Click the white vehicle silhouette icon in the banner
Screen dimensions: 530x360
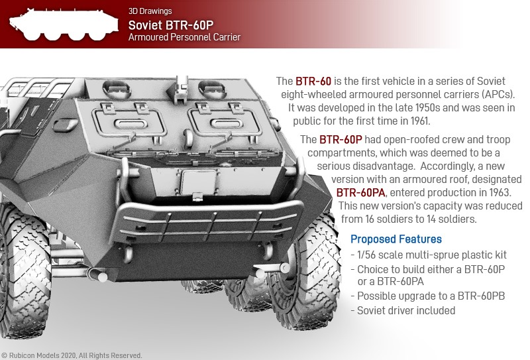(x=64, y=25)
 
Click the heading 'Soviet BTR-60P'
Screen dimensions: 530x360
(x=171, y=25)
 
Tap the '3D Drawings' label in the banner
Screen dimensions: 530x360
(x=150, y=11)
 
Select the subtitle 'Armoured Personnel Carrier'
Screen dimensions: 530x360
(x=185, y=37)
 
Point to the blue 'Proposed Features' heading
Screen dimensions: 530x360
(x=396, y=239)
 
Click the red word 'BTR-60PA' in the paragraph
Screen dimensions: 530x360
(x=360, y=192)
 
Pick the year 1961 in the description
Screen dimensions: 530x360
(x=420, y=121)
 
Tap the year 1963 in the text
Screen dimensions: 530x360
(x=500, y=192)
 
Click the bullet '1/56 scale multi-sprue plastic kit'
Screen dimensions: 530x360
(x=429, y=255)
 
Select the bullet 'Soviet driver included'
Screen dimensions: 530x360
(x=403, y=310)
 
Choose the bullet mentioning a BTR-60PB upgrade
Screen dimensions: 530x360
(x=428, y=296)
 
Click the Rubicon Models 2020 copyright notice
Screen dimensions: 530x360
(x=72, y=355)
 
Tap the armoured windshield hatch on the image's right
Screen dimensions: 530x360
(x=225, y=122)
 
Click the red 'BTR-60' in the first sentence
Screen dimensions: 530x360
(x=313, y=81)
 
